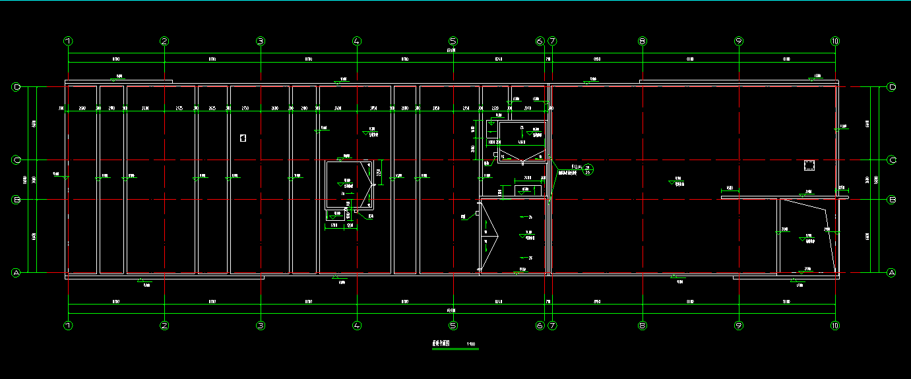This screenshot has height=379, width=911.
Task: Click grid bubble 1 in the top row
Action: click(x=68, y=41)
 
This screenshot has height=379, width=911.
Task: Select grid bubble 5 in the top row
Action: click(x=453, y=41)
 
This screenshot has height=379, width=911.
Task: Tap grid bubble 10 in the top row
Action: click(x=835, y=41)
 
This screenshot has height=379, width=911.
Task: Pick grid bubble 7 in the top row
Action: click(x=552, y=41)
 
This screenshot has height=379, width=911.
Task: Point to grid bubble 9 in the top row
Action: click(x=739, y=41)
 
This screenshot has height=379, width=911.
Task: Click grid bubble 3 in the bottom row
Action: click(x=261, y=325)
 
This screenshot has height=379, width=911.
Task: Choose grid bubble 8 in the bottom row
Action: click(x=643, y=325)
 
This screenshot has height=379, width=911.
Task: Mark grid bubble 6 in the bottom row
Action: click(x=540, y=325)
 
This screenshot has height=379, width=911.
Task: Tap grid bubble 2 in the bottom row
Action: click(x=164, y=325)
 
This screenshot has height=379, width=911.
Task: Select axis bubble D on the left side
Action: click(x=16, y=87)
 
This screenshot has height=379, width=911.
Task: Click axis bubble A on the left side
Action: click(x=16, y=272)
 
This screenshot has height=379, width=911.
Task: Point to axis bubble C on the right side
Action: click(x=892, y=160)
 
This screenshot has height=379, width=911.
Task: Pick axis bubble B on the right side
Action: click(x=892, y=199)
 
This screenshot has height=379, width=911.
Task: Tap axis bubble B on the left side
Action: click(x=16, y=199)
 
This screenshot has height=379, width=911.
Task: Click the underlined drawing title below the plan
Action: click(x=441, y=344)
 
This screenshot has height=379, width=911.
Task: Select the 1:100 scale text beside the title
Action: click(x=470, y=344)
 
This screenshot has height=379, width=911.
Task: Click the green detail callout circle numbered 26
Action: click(x=587, y=169)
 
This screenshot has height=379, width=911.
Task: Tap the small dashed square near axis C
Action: click(x=810, y=165)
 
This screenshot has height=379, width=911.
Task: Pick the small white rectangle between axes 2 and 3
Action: click(x=243, y=138)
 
